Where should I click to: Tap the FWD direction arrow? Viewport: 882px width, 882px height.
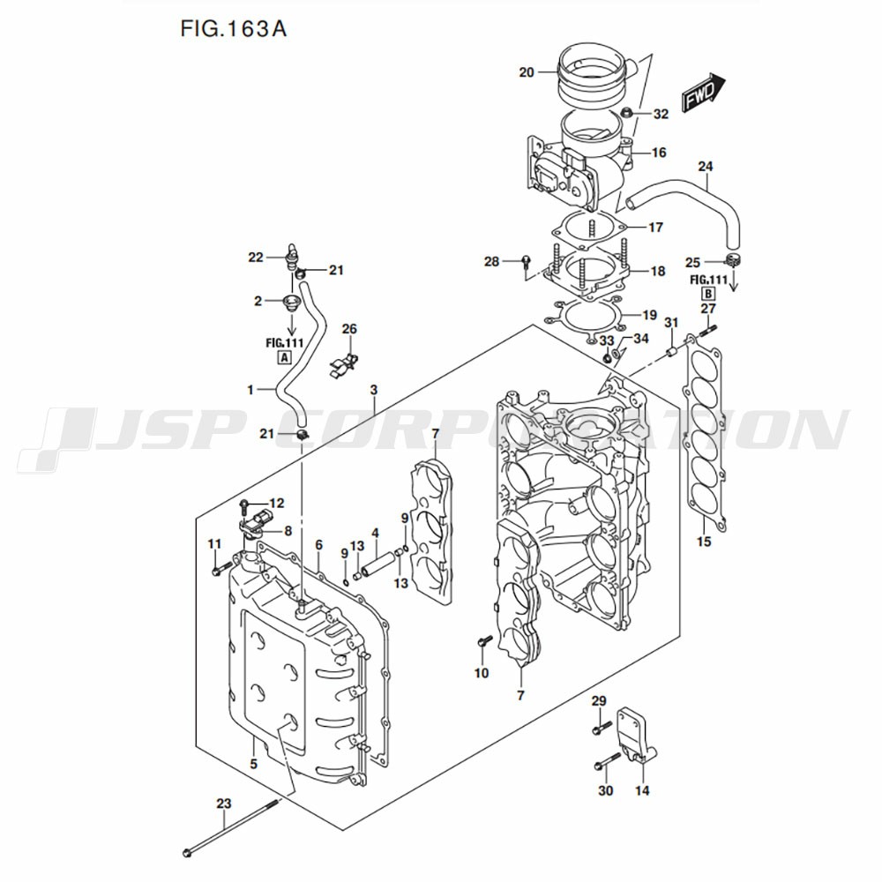tap(703, 91)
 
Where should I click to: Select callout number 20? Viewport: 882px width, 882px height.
tap(527, 72)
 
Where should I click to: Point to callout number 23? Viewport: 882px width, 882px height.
tap(223, 804)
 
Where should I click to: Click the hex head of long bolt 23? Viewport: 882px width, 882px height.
tap(189, 853)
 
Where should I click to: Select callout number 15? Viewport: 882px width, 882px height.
tap(703, 541)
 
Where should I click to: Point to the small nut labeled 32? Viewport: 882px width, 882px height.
tap(627, 112)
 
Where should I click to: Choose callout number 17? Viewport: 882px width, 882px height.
tap(655, 227)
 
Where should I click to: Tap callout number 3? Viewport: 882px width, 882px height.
tap(374, 389)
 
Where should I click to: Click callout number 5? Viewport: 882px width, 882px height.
tap(253, 764)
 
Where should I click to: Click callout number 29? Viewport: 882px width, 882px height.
tap(599, 701)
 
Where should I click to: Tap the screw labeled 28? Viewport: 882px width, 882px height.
tap(527, 262)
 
